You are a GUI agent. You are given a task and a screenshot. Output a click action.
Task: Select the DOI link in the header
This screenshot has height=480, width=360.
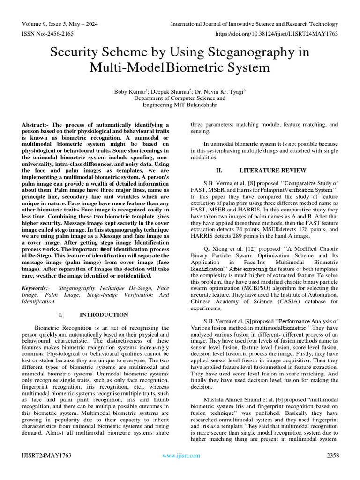pyautogui.click(x=277, y=34)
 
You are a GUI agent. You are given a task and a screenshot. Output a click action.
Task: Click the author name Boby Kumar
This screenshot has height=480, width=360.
pyautogui.click(x=130, y=91)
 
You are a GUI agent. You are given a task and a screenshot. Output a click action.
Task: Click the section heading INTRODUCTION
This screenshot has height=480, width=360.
pyautogui.click(x=104, y=315)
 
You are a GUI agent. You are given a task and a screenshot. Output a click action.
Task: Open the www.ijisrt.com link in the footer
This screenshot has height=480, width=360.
pyautogui.click(x=180, y=455)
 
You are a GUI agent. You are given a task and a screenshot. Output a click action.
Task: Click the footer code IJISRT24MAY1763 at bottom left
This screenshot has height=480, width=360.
pyautogui.click(x=46, y=455)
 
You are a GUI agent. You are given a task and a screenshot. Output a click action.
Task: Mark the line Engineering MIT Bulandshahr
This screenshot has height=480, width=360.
pyautogui.click(x=180, y=105)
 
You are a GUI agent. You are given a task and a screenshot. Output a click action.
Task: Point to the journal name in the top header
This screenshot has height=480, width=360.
pyautogui.click(x=254, y=24)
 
